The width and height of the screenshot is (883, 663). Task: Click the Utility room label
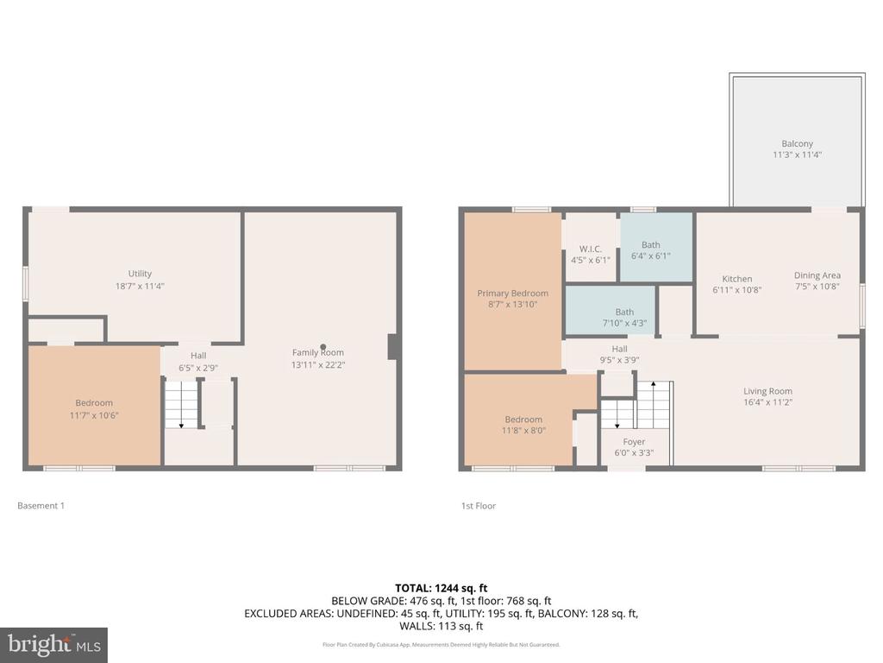140,274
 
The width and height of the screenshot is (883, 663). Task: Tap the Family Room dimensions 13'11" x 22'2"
318,365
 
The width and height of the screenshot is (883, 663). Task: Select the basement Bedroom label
94,402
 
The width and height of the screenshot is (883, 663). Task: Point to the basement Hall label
198,355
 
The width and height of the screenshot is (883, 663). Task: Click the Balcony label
797,144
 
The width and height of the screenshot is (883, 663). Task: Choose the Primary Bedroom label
512,294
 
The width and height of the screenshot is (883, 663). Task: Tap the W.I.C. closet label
590,249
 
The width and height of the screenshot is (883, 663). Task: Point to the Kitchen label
737,279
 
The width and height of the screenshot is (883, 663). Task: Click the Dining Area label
817,275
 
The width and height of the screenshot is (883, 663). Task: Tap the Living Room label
767,391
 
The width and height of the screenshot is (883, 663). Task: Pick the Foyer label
634,441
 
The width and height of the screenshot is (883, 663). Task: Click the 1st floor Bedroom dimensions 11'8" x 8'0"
523,430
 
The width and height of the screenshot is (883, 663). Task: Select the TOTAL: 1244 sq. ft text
441,588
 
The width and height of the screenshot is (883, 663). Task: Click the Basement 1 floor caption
41,506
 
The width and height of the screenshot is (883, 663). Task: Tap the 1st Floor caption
479,506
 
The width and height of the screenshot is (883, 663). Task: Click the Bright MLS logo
53,645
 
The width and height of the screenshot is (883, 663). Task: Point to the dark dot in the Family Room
323,347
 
